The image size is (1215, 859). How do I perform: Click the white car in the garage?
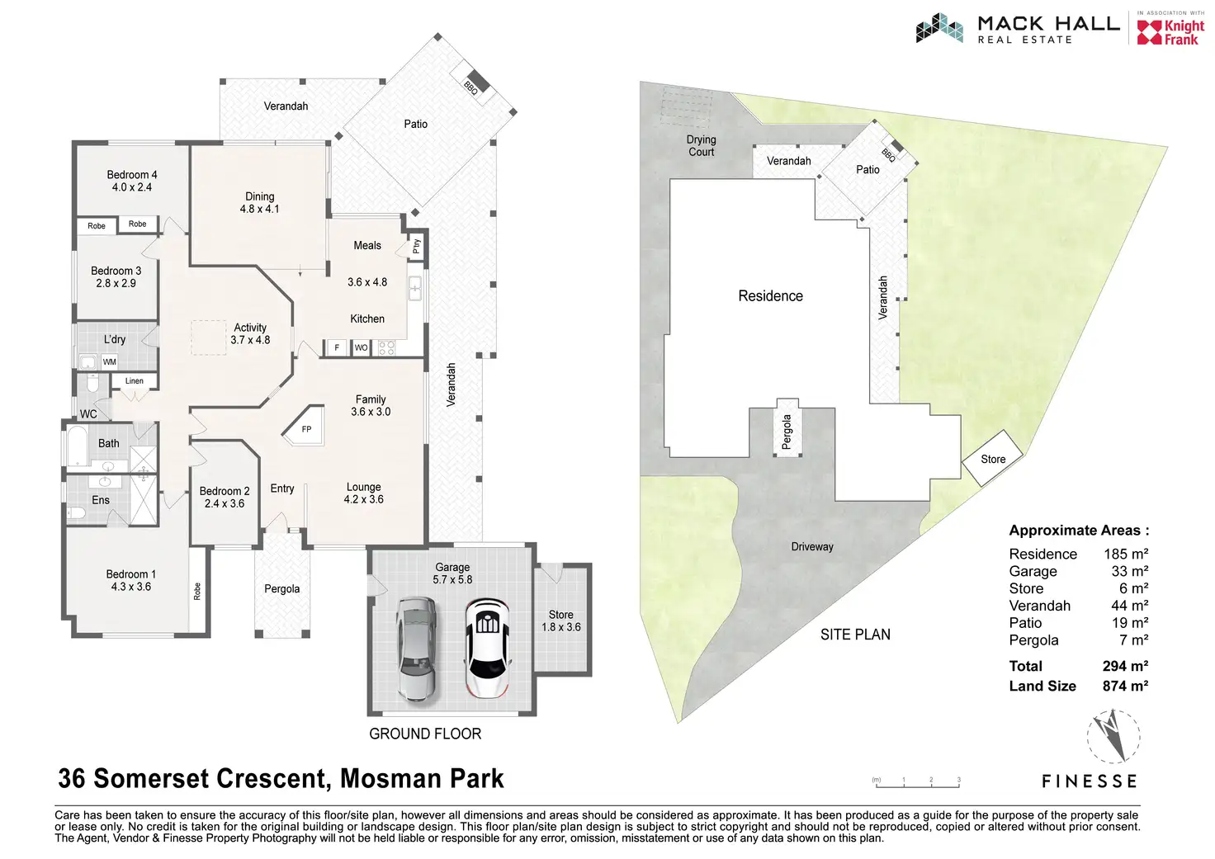pos(487,648)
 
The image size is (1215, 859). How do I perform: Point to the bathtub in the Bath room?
pos(77,446)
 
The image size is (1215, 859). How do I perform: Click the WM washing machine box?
pos(110,361)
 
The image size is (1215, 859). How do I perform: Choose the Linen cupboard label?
pos(135,380)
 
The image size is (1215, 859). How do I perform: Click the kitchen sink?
pos(415,288)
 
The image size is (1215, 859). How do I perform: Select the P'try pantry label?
pos(416,246)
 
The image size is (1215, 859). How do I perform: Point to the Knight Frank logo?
pos(1170,32)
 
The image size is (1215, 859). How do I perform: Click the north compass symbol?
pos(1113,736)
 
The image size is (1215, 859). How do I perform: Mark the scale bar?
pos(917,782)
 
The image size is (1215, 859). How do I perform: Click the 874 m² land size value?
pos(1125,686)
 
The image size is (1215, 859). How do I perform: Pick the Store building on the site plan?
pos(993,458)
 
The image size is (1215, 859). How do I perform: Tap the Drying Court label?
pos(702,146)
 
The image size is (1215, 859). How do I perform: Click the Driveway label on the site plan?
pos(812,546)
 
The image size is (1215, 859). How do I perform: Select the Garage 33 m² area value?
pos(1129,571)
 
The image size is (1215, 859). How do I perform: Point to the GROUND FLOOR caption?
pos(425,734)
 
